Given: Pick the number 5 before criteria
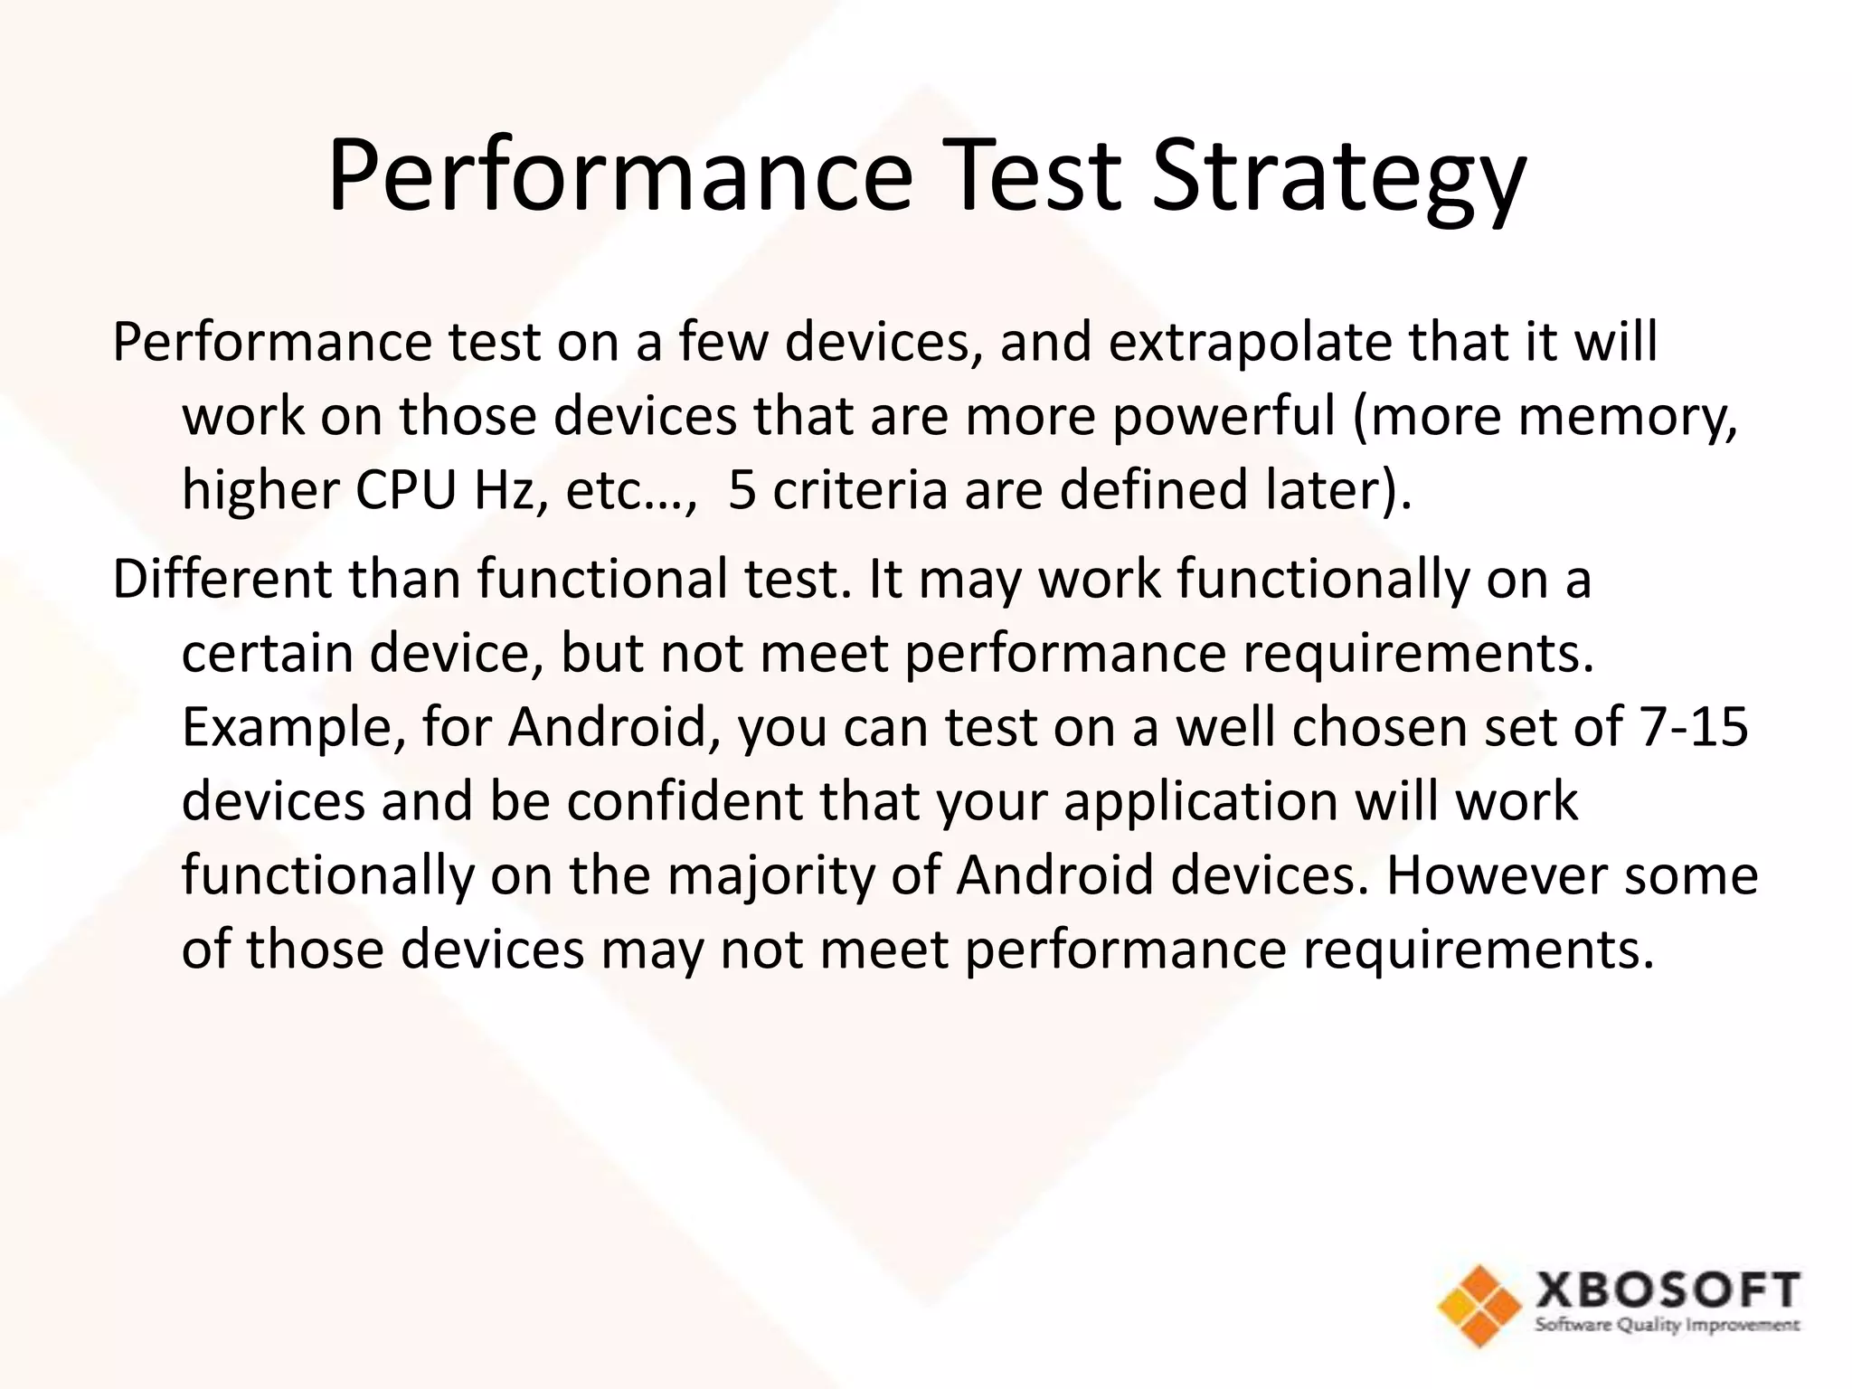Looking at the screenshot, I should point(742,490).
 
